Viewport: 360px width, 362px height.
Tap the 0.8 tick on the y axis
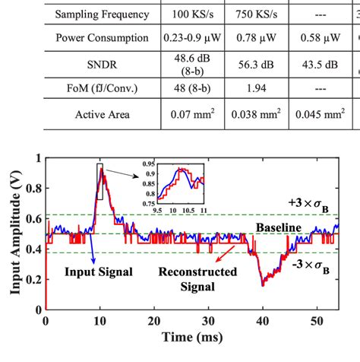coord(33,188)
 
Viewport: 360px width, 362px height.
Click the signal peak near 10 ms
coord(100,179)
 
